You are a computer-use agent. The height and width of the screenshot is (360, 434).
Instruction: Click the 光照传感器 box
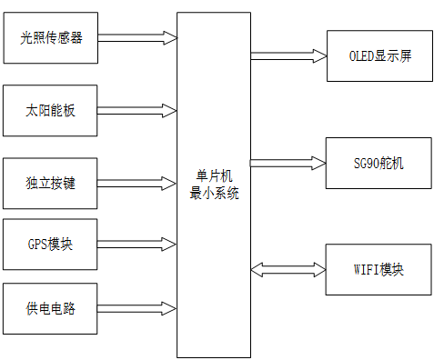tap(50, 38)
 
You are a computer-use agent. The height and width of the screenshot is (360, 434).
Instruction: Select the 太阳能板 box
tap(50, 110)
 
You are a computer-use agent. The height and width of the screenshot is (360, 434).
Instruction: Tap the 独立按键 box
tap(50, 183)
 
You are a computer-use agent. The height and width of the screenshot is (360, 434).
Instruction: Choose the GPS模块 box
tap(50, 244)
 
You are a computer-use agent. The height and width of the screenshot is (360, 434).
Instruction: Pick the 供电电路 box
tap(50, 308)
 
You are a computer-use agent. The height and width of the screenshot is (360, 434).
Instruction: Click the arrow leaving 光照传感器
tap(136, 38)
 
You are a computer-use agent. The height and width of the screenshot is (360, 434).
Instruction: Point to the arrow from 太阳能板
tap(136, 110)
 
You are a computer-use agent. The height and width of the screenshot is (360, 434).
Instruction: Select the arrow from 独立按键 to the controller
tap(136, 183)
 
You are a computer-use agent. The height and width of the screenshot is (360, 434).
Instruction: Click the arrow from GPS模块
tap(136, 244)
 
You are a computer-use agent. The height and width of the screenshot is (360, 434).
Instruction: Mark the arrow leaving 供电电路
tap(136, 308)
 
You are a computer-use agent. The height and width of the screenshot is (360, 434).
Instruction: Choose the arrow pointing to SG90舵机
tap(288, 164)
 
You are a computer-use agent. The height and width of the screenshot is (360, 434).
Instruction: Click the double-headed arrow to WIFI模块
tap(288, 270)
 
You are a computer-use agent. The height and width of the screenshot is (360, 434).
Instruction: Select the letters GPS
tap(38, 244)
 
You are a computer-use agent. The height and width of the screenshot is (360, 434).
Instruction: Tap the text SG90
tap(368, 164)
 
